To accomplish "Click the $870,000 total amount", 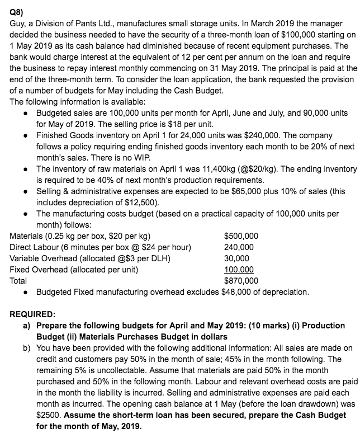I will [x=241, y=281].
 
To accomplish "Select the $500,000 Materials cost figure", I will [x=241, y=236].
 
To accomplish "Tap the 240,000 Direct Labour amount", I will [x=239, y=247].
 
